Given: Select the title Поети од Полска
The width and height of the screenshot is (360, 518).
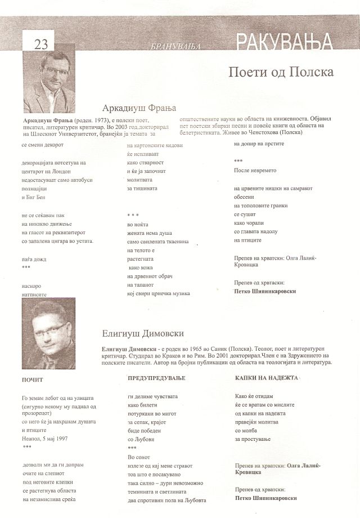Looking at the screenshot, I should coord(282,73).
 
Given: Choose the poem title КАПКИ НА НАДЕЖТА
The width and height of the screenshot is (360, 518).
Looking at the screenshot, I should coord(266,378).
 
